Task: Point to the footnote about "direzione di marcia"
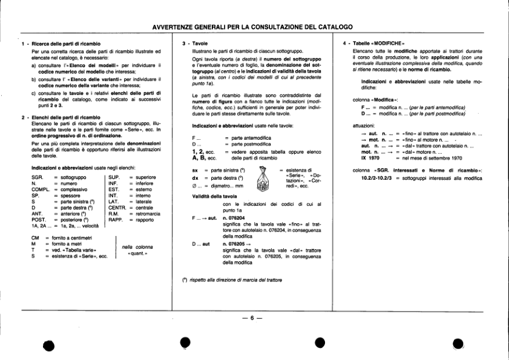click(232, 280)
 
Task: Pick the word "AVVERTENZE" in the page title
click(176, 27)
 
